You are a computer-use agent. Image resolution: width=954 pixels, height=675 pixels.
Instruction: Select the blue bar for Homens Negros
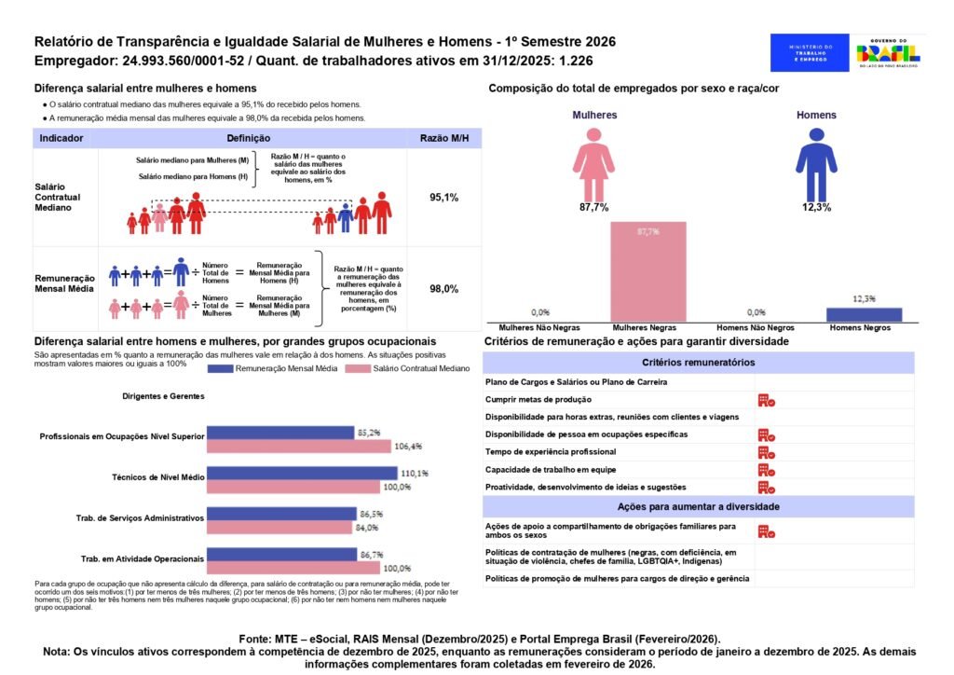pos(864,314)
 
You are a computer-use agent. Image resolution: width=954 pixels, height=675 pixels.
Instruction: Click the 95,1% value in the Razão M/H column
pos(443,198)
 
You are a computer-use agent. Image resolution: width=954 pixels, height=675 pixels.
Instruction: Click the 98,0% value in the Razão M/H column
pos(443,289)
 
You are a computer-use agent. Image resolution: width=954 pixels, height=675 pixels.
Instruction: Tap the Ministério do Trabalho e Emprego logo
pos(810,52)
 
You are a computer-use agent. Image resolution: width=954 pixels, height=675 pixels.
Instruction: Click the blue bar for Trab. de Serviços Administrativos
pos(281,514)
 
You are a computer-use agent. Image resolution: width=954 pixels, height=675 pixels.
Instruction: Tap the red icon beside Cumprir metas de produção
pos(767,400)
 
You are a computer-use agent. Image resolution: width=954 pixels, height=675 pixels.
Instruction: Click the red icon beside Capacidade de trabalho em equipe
pos(767,470)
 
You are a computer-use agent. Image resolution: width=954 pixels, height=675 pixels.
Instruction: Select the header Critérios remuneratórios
pos(698,362)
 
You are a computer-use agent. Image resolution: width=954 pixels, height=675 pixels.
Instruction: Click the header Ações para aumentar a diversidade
pos(698,506)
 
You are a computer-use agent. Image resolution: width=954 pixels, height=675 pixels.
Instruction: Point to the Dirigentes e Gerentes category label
pos(163,396)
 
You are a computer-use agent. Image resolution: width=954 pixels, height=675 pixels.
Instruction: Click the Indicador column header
pos(62,138)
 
